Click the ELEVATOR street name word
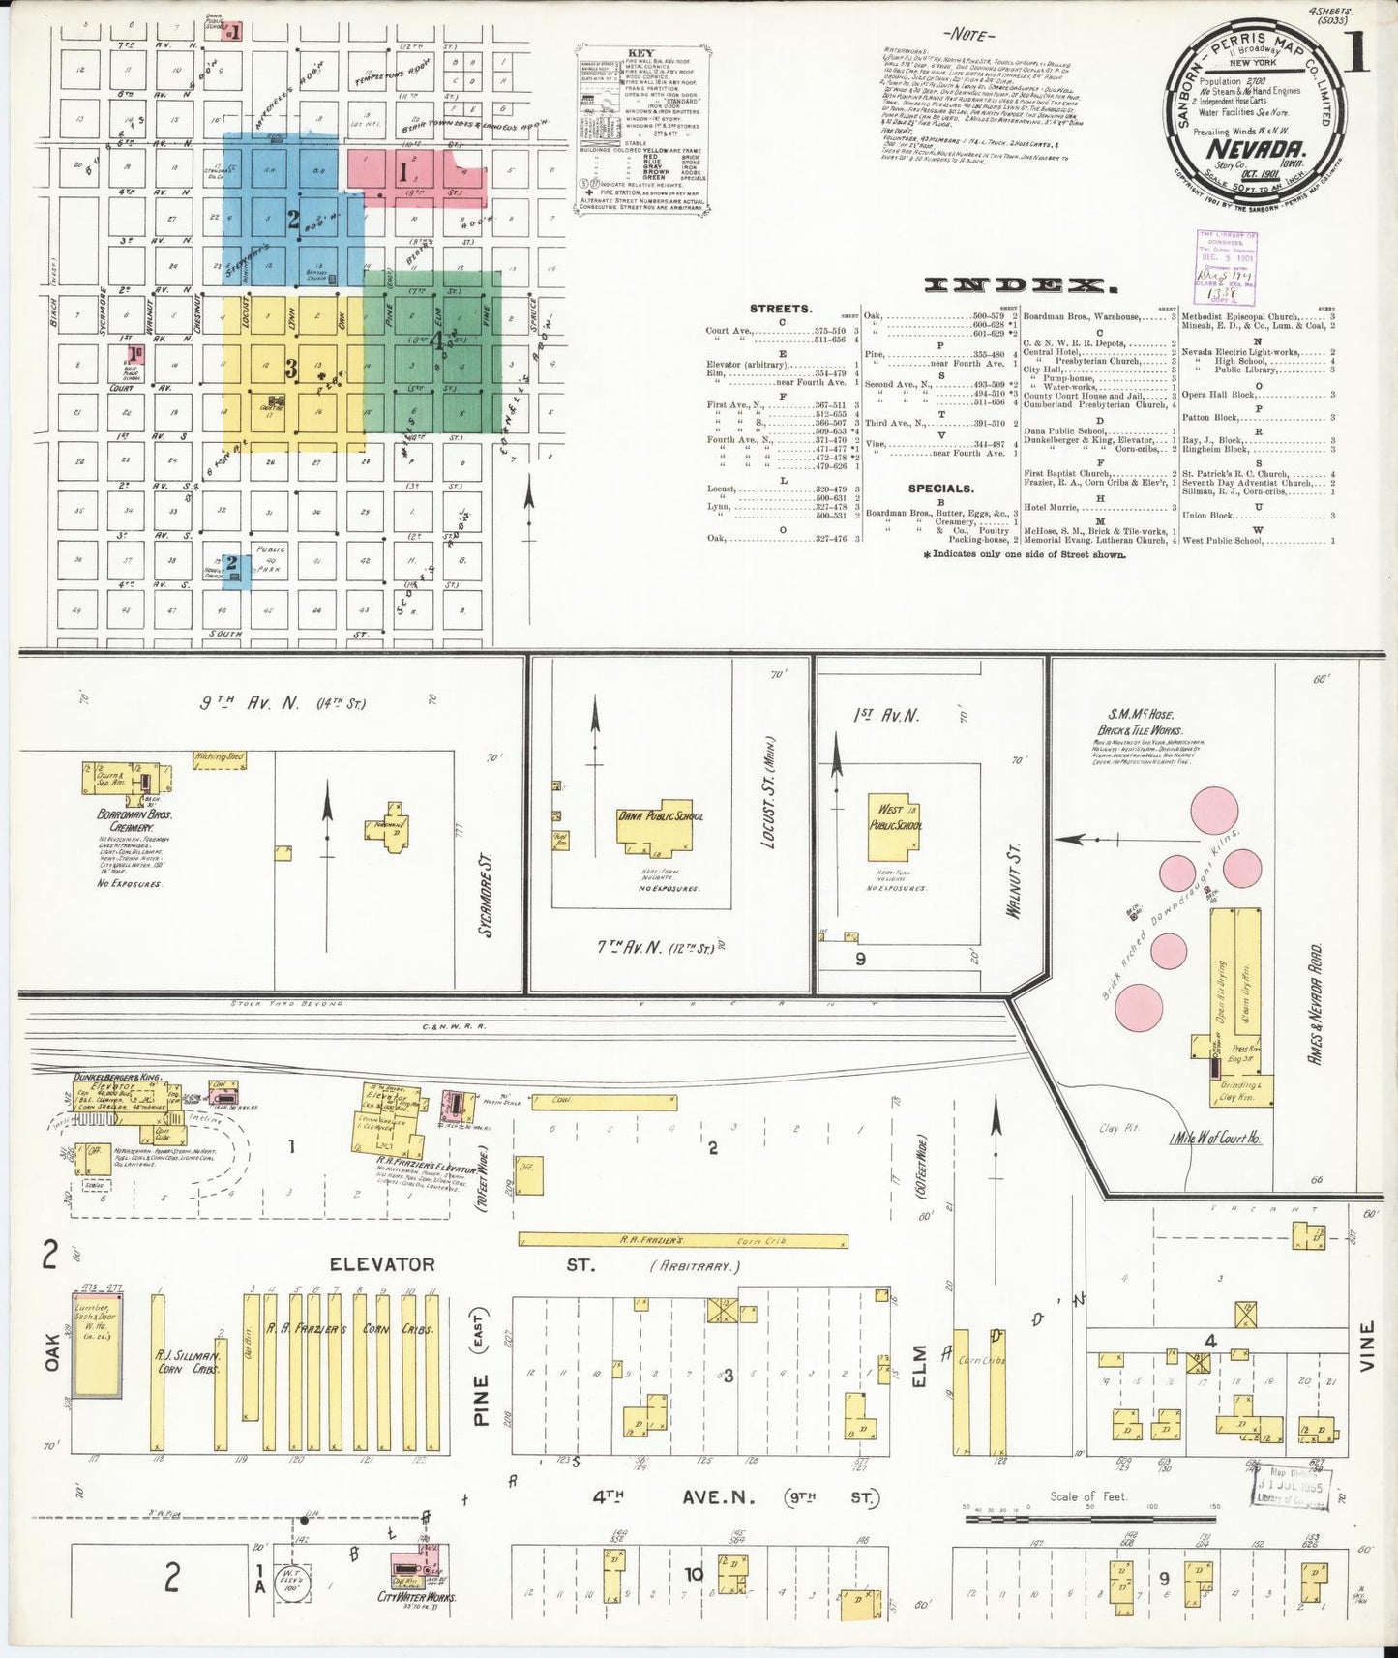382,1263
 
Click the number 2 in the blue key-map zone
293,220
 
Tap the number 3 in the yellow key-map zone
290,368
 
